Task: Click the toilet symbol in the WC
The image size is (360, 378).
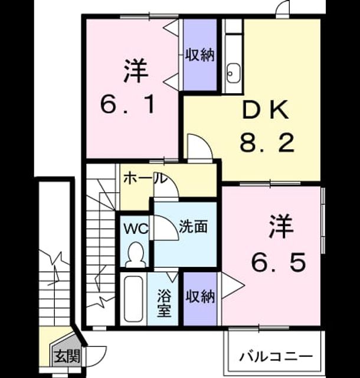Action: coord(136,255)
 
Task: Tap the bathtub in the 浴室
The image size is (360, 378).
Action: coord(133,299)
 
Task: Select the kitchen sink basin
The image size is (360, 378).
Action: coord(233,73)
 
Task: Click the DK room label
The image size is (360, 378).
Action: coord(266,110)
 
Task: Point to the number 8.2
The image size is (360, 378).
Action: coord(267,143)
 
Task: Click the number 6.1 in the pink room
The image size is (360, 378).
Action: coord(128,105)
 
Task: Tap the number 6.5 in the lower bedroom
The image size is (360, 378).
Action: coord(279,262)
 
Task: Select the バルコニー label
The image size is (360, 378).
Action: coord(276,356)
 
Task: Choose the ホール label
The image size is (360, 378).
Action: coord(145,178)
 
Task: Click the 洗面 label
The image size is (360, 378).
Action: coord(193,227)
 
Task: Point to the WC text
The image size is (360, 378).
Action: coord(136,229)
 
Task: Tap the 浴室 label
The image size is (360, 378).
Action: coord(164,303)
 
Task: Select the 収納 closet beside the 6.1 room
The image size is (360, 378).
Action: coord(199,56)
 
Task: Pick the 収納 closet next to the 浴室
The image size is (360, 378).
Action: coord(199,299)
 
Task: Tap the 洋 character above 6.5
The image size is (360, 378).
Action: coord(281,227)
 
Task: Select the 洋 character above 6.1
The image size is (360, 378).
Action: coord(135,71)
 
